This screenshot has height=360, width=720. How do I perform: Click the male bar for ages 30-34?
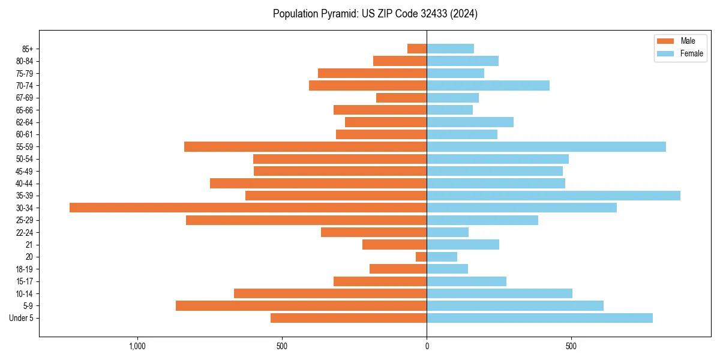tap(248, 208)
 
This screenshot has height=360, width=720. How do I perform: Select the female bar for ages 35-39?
tap(553, 196)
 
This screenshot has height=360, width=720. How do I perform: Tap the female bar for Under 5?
tap(539, 318)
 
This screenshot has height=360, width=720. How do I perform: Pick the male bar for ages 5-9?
tap(301, 305)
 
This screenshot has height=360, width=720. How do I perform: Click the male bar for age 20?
tap(421, 257)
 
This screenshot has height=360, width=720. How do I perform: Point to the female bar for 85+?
tap(450, 49)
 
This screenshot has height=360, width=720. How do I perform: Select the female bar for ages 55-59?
tap(546, 146)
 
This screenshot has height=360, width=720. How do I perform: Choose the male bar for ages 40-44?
tap(318, 183)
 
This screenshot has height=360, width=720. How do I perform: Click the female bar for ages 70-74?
tap(488, 85)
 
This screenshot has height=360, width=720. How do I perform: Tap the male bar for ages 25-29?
tap(306, 220)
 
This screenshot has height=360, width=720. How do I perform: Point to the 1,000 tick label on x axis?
tap(137, 346)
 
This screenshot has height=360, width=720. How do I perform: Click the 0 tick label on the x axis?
tap(427, 346)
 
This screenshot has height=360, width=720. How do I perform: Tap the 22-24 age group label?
tap(25, 232)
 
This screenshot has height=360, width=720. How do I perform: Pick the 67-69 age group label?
tap(25, 98)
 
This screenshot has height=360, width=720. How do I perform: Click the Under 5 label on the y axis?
tap(21, 318)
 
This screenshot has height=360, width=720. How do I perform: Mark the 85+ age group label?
tap(27, 49)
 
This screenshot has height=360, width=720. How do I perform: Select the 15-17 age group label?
tap(25, 281)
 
